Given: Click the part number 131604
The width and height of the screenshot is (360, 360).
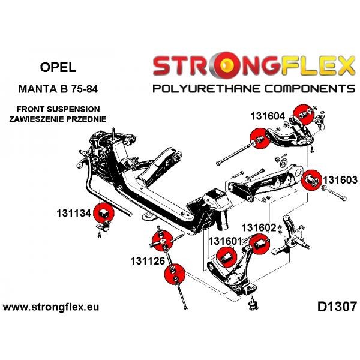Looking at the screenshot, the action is click(x=268, y=116).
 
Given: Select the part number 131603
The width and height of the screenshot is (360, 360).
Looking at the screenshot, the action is click(x=340, y=180).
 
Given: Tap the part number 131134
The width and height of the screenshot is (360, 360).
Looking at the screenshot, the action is click(x=74, y=213).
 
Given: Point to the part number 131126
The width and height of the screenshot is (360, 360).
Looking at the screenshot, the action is click(x=148, y=261).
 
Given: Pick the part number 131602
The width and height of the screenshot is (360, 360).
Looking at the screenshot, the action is click(x=259, y=228).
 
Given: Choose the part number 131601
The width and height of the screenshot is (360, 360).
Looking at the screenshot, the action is click(x=226, y=241).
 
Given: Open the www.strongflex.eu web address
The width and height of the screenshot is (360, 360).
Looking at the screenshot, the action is click(x=51, y=307).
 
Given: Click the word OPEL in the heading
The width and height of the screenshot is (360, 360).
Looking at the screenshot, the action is click(x=58, y=67).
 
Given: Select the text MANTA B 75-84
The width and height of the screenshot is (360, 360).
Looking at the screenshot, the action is click(x=58, y=89).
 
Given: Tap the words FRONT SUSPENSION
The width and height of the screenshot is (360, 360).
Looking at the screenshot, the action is click(x=58, y=109).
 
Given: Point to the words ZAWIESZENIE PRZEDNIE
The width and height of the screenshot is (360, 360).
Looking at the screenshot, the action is click(x=58, y=119).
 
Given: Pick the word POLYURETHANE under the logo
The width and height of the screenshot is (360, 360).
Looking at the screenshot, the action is click(x=207, y=89).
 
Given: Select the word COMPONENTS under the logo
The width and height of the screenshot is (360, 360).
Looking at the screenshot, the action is click(x=310, y=89).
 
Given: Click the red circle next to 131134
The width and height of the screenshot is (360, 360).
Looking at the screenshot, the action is click(x=104, y=213).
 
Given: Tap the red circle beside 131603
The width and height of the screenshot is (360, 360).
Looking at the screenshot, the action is click(x=311, y=180).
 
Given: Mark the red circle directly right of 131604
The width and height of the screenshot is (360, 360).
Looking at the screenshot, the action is click(x=304, y=115).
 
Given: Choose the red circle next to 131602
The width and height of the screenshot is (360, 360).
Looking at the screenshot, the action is click(x=260, y=244).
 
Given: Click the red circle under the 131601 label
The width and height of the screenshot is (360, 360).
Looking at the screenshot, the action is click(x=226, y=257).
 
